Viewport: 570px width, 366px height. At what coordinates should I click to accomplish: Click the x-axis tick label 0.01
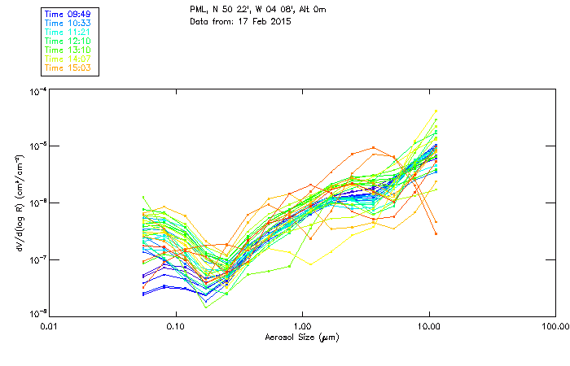coord(48,326)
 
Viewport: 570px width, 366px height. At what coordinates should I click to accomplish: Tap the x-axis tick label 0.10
coord(175,326)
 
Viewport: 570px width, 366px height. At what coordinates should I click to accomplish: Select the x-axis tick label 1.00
coord(302,326)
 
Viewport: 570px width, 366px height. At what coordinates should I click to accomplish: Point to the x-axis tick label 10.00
coord(428,326)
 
